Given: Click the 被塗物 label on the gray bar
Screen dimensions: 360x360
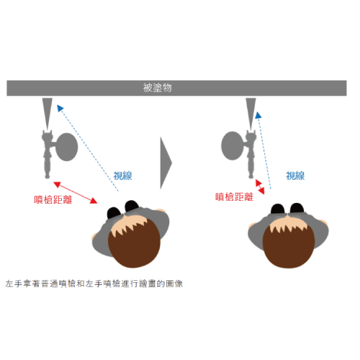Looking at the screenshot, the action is [158, 88].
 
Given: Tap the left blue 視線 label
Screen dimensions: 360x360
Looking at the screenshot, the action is [122, 176].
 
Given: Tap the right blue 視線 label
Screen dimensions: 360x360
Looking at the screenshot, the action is [295, 176].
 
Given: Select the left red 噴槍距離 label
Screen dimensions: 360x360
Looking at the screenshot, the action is [53, 199].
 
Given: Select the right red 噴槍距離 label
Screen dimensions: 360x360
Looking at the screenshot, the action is [234, 197].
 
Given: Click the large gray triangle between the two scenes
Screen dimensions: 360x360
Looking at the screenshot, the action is [166, 163].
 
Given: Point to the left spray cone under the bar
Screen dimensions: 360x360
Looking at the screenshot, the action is [48, 114].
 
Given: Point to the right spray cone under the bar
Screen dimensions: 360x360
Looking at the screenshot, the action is [251, 114].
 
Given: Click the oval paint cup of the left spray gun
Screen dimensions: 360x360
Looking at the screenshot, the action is [66, 147].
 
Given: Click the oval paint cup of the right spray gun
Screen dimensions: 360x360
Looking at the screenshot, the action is [232, 145].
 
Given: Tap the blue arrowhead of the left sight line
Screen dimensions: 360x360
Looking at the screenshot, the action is [60, 108].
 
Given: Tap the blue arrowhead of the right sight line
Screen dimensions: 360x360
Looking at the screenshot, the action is [258, 115].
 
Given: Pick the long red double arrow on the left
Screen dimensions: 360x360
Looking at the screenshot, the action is [75, 193].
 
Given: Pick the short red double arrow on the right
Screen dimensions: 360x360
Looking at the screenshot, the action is [260, 186].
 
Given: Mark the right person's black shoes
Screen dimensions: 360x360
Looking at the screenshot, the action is [287, 208].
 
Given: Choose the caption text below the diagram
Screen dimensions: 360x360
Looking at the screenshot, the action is [94, 284].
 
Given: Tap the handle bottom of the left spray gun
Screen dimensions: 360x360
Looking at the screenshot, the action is [48, 176].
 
